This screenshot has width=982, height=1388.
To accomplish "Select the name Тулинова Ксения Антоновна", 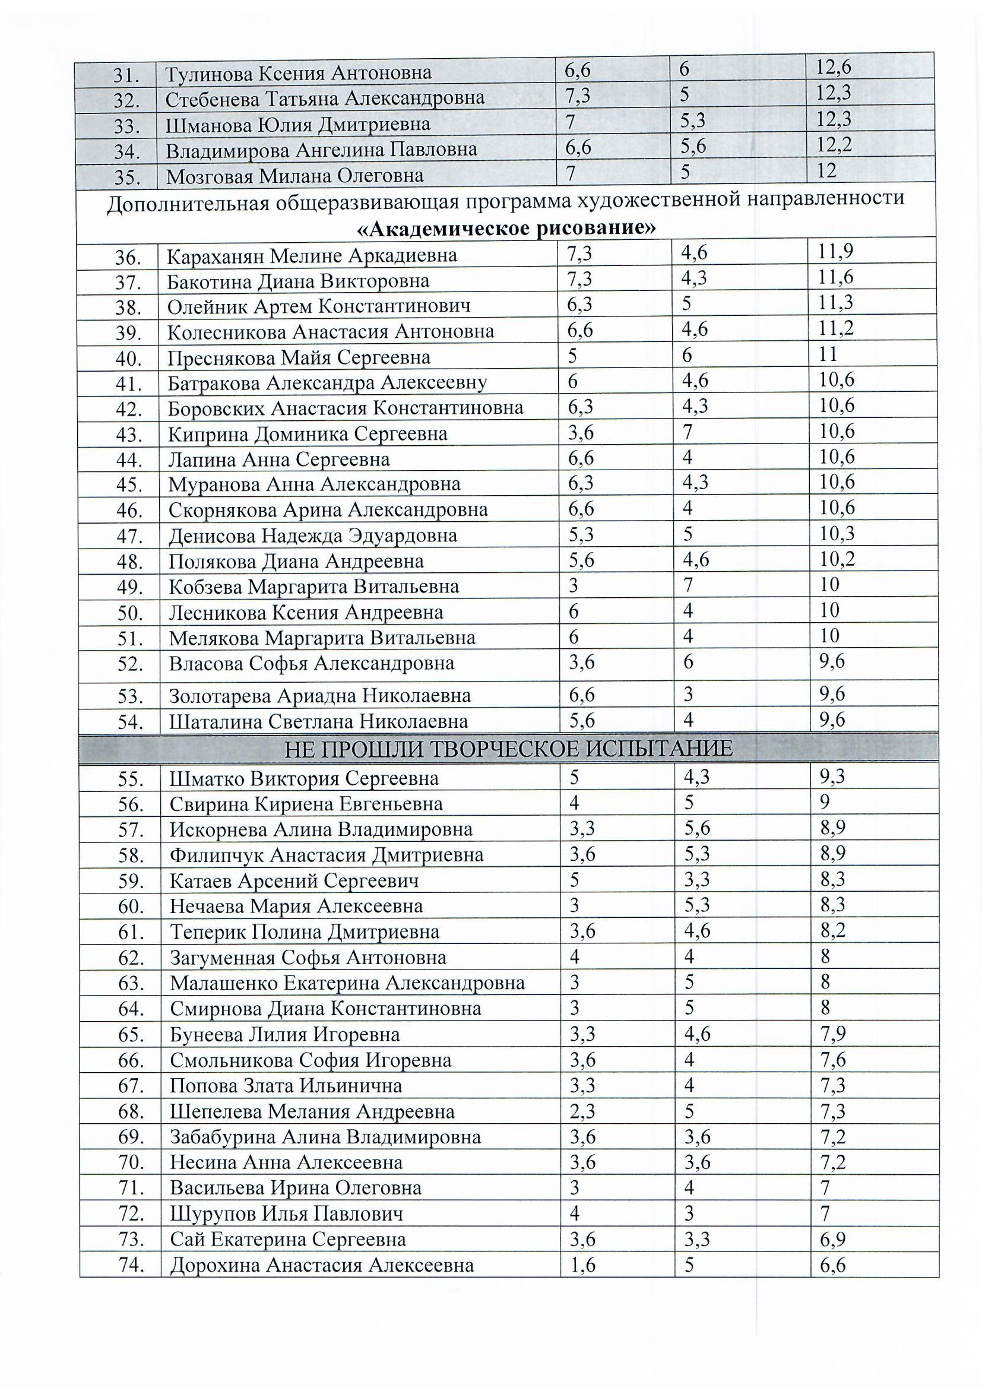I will click(298, 73).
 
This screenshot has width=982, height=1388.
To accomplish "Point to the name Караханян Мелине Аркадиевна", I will click(312, 256).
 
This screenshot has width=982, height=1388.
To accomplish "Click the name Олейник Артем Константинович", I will click(319, 306).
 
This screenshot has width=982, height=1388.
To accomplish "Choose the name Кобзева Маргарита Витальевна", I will click(314, 587).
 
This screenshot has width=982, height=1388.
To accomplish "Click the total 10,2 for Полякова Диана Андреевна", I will click(837, 559).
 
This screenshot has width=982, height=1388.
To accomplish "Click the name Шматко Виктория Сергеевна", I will click(304, 778).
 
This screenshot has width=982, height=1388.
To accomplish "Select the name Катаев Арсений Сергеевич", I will click(294, 880).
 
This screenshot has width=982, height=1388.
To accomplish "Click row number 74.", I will click(130, 1265).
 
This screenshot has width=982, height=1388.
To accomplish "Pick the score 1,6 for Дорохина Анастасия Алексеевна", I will click(582, 1264).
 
